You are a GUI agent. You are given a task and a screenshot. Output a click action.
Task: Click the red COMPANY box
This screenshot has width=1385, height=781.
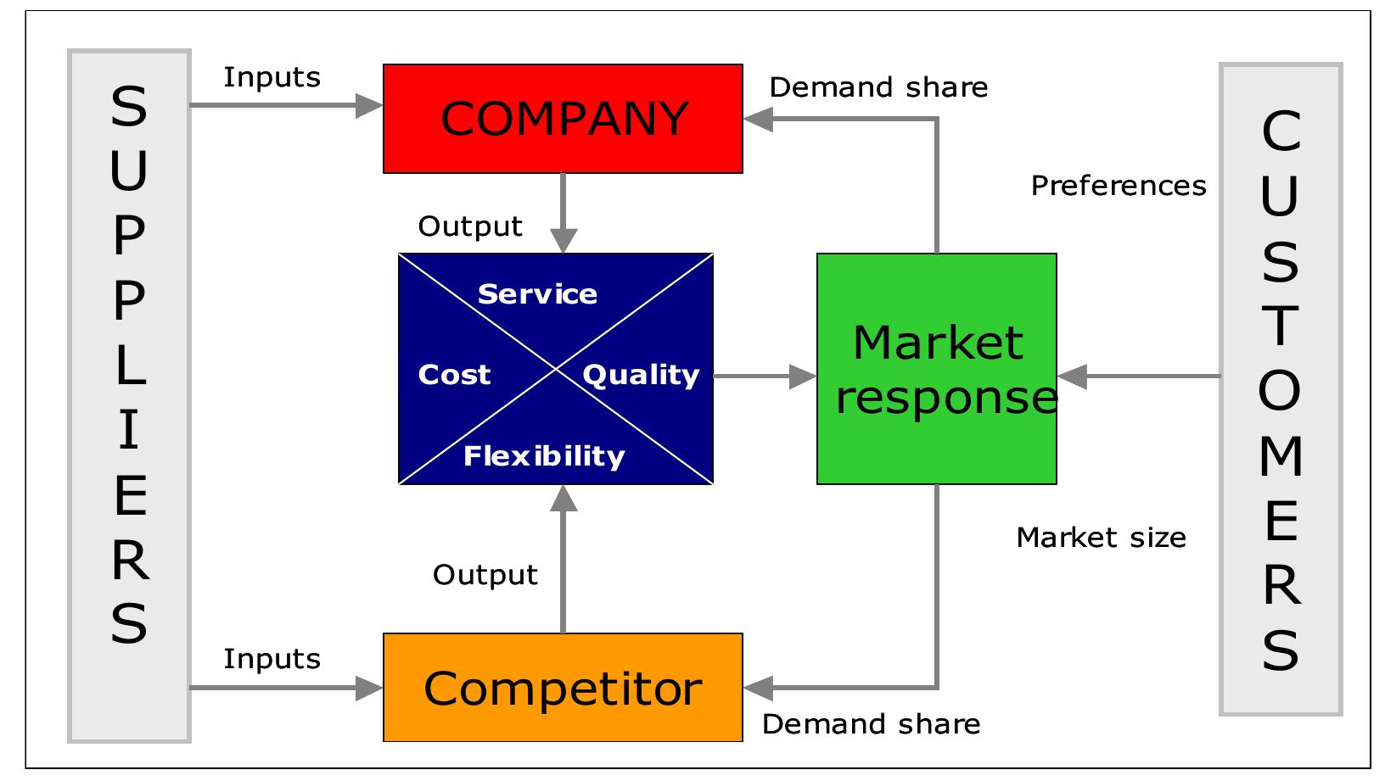click(x=563, y=119)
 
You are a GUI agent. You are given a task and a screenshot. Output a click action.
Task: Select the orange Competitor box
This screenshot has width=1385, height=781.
click(x=563, y=688)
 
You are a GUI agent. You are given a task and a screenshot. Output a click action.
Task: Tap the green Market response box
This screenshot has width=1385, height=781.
click(x=936, y=369)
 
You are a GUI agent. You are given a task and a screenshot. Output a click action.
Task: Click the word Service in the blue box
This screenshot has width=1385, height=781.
click(x=537, y=294)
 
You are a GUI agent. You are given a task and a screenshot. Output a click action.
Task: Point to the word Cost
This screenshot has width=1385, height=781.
click(x=454, y=375)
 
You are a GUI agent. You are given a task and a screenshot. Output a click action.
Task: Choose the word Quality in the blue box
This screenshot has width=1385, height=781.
click(x=641, y=375)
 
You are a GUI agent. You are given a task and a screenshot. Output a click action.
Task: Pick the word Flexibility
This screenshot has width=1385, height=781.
click(x=544, y=456)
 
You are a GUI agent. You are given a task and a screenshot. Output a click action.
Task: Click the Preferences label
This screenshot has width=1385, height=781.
click(x=1119, y=186)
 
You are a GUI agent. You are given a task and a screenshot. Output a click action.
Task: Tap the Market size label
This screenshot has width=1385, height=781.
click(x=1101, y=538)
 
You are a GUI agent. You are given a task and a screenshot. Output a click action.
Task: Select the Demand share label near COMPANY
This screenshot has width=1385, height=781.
click(x=878, y=87)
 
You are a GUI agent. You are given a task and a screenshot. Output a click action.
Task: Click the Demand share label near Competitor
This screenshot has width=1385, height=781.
click(x=871, y=724)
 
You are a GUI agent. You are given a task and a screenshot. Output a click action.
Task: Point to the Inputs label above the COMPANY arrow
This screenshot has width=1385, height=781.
click(x=272, y=77)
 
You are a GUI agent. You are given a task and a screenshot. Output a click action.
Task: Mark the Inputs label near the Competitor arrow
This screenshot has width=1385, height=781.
click(x=272, y=659)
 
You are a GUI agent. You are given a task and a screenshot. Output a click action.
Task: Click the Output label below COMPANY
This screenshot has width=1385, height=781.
click(x=470, y=226)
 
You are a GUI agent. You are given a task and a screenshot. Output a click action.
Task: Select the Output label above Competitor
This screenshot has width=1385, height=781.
click(x=485, y=575)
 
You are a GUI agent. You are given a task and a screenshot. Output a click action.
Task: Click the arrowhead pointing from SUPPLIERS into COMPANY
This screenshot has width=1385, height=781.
click(x=370, y=106)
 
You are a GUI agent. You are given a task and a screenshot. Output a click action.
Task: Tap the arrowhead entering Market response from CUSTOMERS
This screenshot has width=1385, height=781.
click(x=1072, y=377)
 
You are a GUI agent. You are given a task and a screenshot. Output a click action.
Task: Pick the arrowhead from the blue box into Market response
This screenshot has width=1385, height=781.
click(x=802, y=377)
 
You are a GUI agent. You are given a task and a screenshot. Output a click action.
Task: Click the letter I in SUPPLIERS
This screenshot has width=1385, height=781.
click(x=129, y=431)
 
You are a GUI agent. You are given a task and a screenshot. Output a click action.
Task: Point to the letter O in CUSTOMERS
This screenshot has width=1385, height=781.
click(x=1280, y=391)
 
